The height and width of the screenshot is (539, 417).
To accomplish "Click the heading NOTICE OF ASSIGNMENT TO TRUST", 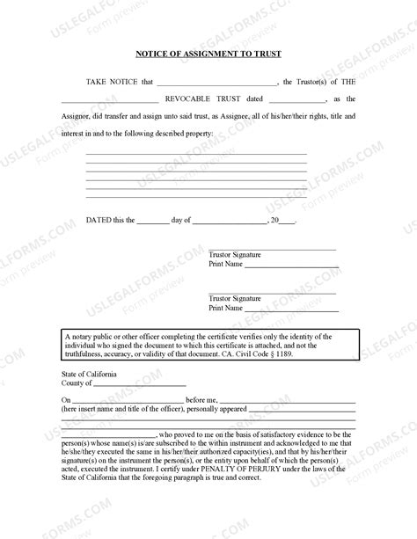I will pos(208,54).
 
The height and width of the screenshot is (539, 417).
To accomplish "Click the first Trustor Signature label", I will pos(235,255).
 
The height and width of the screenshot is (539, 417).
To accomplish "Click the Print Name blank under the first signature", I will pos(290,266).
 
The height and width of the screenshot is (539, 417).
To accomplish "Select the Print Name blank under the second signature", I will pos(290,310).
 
